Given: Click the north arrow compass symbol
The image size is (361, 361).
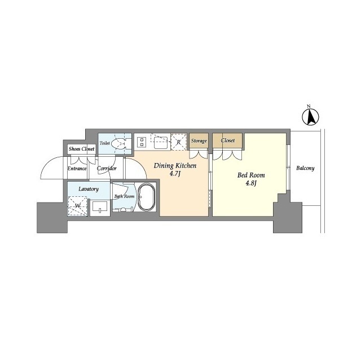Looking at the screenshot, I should point(310,116).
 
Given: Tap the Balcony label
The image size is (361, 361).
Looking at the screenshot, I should point(305,168).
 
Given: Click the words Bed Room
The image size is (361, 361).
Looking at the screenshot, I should point(251,175).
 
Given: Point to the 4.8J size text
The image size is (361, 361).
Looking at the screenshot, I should point(251,184).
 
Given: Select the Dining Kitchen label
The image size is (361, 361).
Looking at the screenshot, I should point(175,165).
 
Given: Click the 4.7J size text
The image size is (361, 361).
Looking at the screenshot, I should point(176,174).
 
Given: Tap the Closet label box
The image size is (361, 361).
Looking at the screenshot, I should point(228,140).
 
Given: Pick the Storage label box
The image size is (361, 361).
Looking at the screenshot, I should point(199,140).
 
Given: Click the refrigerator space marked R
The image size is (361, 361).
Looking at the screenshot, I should point(179,142).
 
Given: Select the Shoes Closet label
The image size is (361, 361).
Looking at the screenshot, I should point(81,149).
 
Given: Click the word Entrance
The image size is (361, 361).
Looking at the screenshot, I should point(77,169).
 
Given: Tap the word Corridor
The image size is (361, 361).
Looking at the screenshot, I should point(107,169).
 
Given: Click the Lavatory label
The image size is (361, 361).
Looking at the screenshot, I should point(89,190).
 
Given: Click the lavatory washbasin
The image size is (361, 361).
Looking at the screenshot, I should point(100,207).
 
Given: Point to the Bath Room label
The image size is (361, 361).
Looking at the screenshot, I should point(124,196).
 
